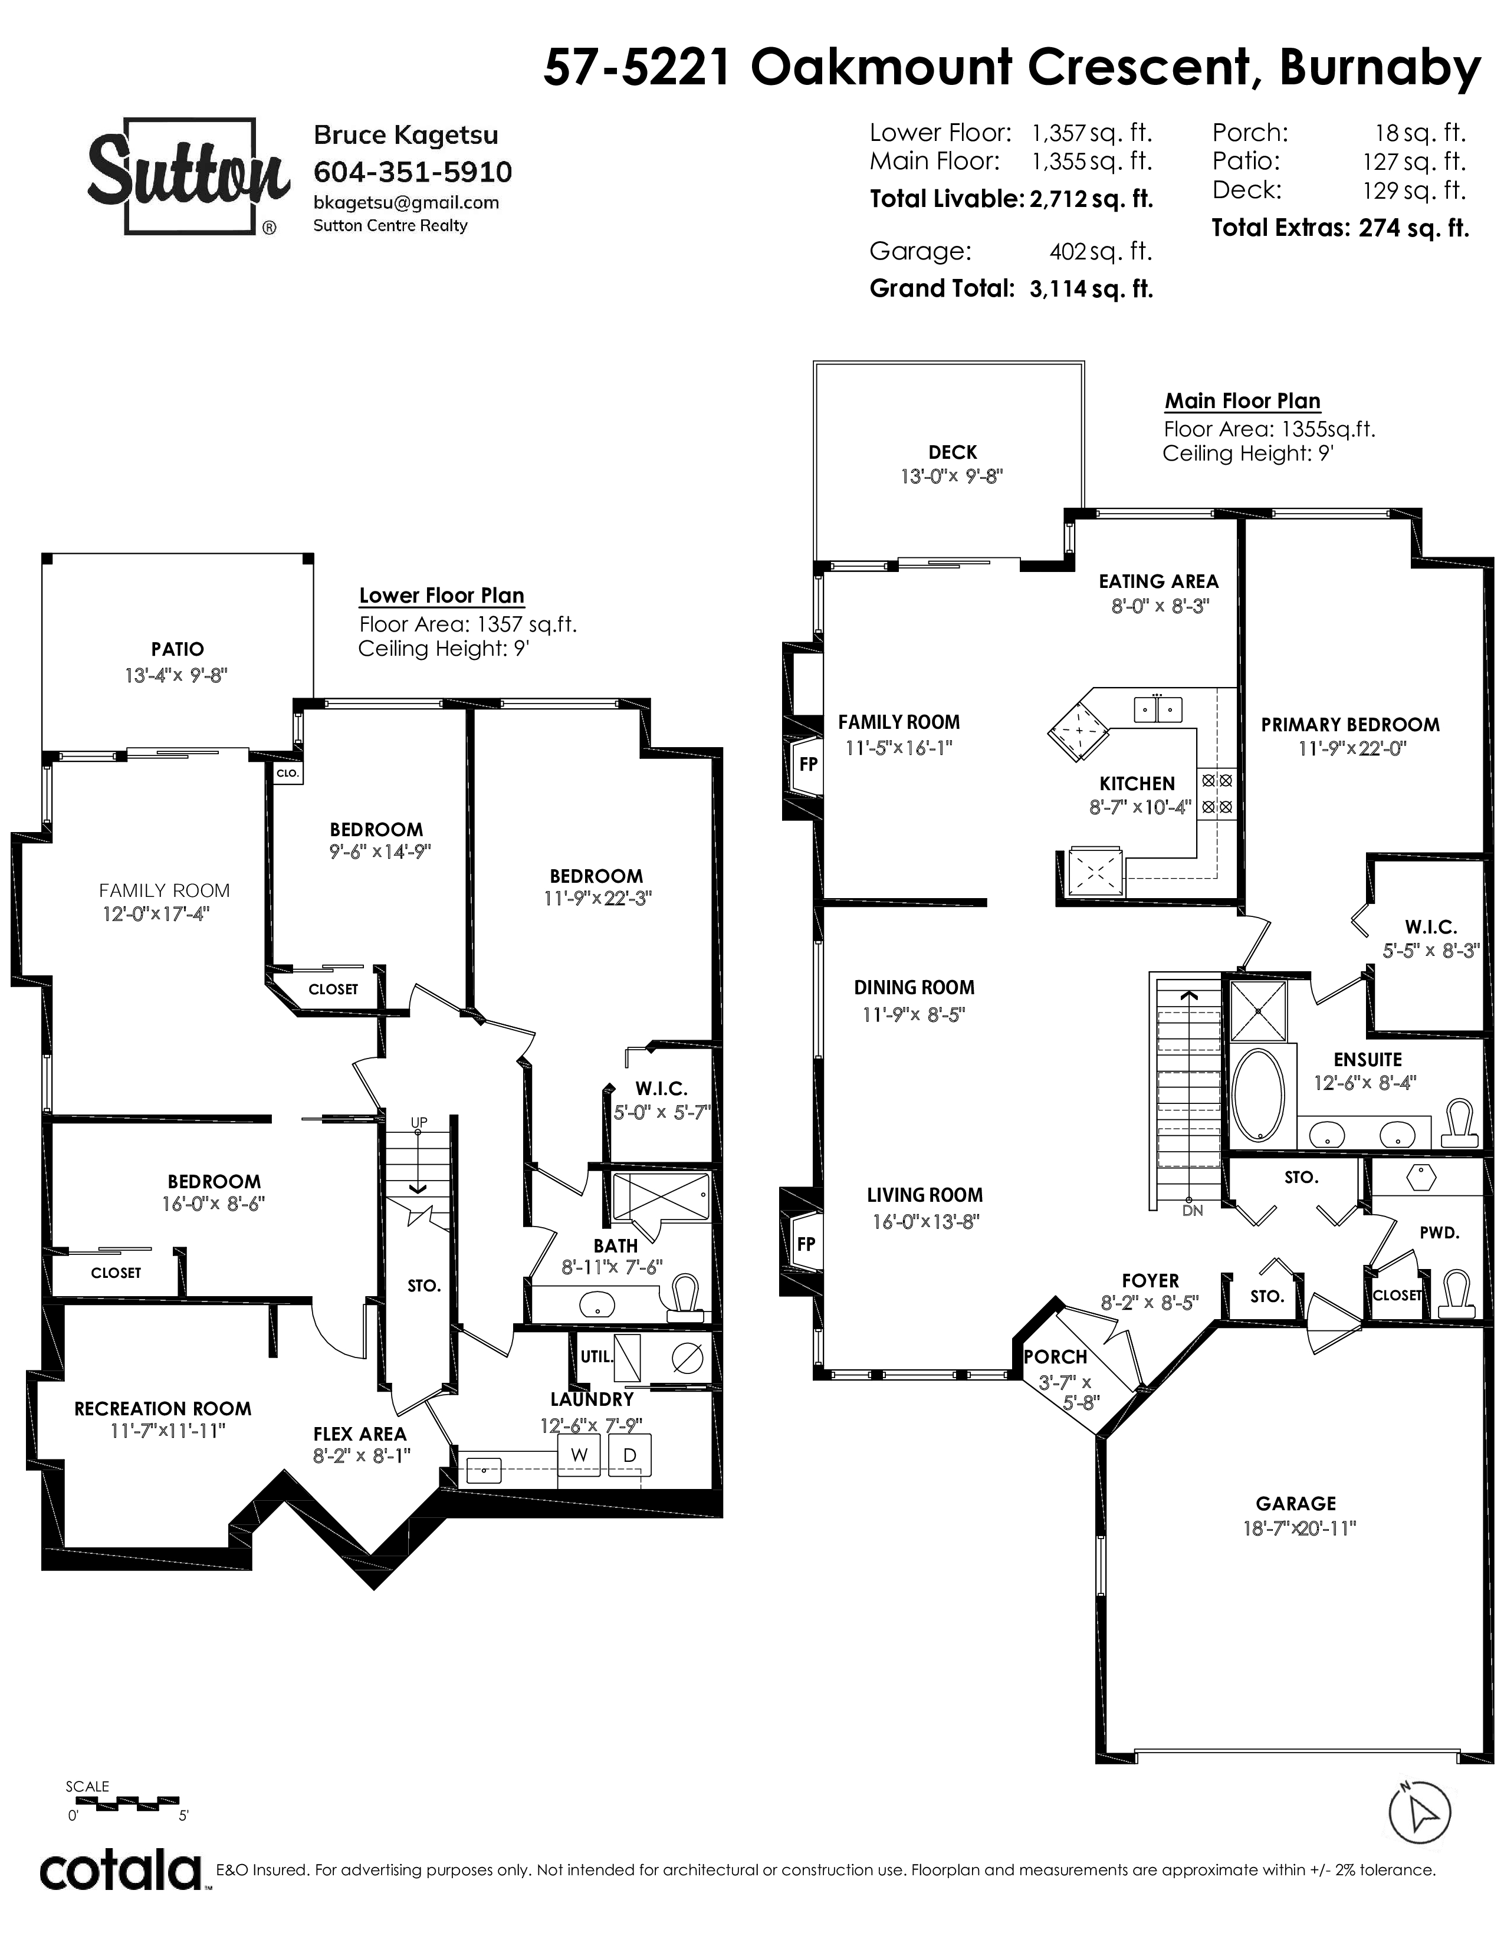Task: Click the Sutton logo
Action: (x=188, y=176)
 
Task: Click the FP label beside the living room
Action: (x=806, y=1244)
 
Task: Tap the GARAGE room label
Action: (x=1296, y=1503)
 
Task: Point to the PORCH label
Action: (x=1055, y=1357)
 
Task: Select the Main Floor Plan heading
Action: (x=1243, y=401)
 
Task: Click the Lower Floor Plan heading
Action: (x=441, y=595)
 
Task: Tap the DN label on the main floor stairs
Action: (x=1192, y=1211)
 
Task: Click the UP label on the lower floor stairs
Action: (x=419, y=1122)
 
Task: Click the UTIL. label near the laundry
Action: (x=597, y=1357)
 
